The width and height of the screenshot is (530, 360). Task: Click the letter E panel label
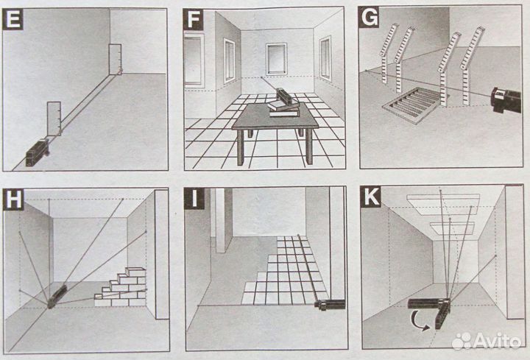click(13, 19)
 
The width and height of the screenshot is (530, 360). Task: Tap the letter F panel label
click(193, 19)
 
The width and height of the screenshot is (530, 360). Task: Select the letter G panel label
click(370, 18)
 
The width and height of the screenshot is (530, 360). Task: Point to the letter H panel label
click(13, 200)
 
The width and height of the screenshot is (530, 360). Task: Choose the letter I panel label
click(194, 198)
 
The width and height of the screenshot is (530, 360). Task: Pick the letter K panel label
click(371, 197)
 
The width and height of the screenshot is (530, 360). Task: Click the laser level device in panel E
click(38, 153)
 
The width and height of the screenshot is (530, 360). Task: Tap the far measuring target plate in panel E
click(115, 59)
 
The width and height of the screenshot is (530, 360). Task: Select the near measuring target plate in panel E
click(54, 119)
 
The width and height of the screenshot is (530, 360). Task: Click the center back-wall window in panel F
click(276, 59)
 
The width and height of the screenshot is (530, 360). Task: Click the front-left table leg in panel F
click(240, 148)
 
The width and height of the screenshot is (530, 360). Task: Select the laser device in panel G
click(506, 100)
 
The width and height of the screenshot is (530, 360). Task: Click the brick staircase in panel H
click(121, 287)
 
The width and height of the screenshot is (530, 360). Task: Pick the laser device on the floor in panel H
click(57, 297)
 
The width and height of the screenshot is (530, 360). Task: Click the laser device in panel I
click(330, 304)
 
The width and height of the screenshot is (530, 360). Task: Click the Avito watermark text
click(497, 341)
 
